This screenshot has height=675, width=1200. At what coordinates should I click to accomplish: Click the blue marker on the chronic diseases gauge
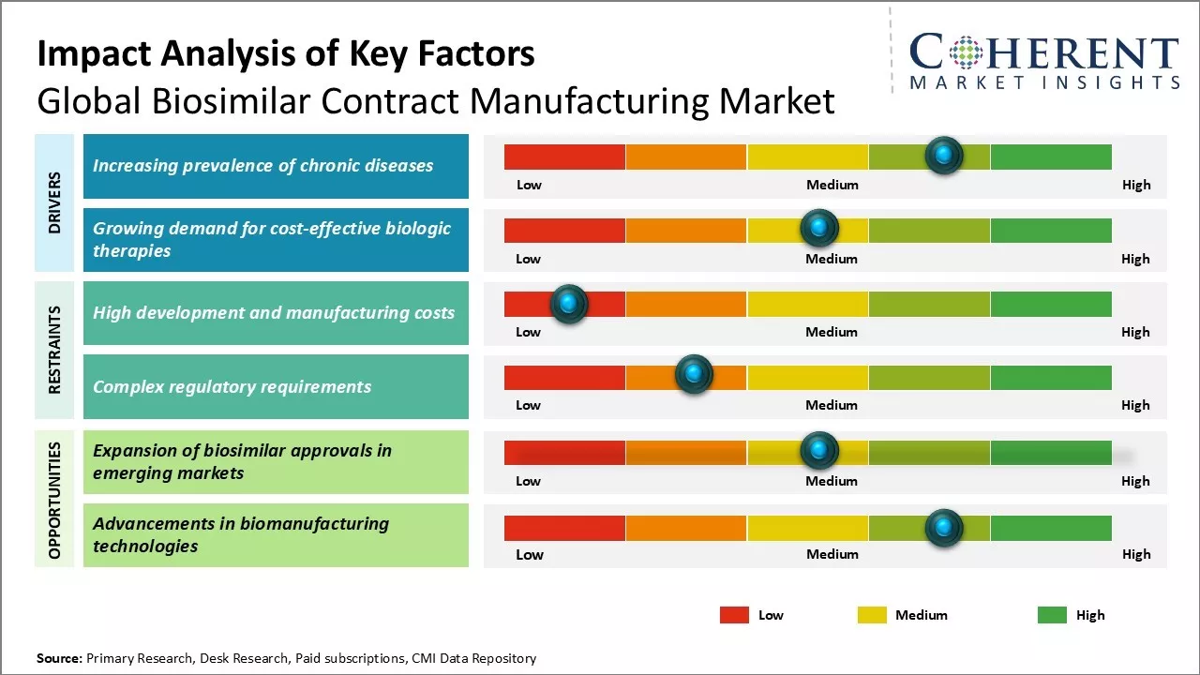(x=944, y=155)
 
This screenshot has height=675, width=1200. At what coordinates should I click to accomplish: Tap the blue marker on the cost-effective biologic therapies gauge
(x=819, y=228)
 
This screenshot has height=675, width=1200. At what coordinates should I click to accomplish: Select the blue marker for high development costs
(x=568, y=303)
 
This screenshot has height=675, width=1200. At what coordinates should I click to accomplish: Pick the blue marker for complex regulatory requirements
(x=694, y=374)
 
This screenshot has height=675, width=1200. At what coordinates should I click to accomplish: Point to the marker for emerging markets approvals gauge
(x=819, y=451)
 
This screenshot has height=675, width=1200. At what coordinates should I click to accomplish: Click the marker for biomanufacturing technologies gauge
(x=944, y=528)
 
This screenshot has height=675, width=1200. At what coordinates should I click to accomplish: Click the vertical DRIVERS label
(x=54, y=202)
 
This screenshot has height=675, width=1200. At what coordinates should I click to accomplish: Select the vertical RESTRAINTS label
(x=54, y=350)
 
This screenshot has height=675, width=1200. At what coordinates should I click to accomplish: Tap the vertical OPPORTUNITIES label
(x=54, y=500)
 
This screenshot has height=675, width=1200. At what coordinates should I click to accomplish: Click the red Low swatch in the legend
(x=734, y=615)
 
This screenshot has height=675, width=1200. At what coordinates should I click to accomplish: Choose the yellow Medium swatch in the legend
(x=872, y=615)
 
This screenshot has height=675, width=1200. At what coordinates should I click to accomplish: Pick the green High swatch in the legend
(x=1052, y=615)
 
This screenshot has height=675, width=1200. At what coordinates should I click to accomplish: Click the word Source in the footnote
(x=59, y=658)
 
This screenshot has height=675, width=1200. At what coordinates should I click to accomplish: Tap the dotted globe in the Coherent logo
(x=965, y=52)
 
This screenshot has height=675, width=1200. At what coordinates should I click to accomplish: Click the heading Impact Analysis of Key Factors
(x=286, y=54)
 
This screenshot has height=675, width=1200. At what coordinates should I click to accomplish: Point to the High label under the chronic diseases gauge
(x=1136, y=185)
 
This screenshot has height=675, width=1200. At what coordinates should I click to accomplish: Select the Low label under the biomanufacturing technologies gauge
(x=530, y=554)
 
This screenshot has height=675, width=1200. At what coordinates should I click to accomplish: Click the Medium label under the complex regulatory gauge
(x=832, y=405)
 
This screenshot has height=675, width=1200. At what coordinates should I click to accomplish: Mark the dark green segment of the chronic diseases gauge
(x=1050, y=157)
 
